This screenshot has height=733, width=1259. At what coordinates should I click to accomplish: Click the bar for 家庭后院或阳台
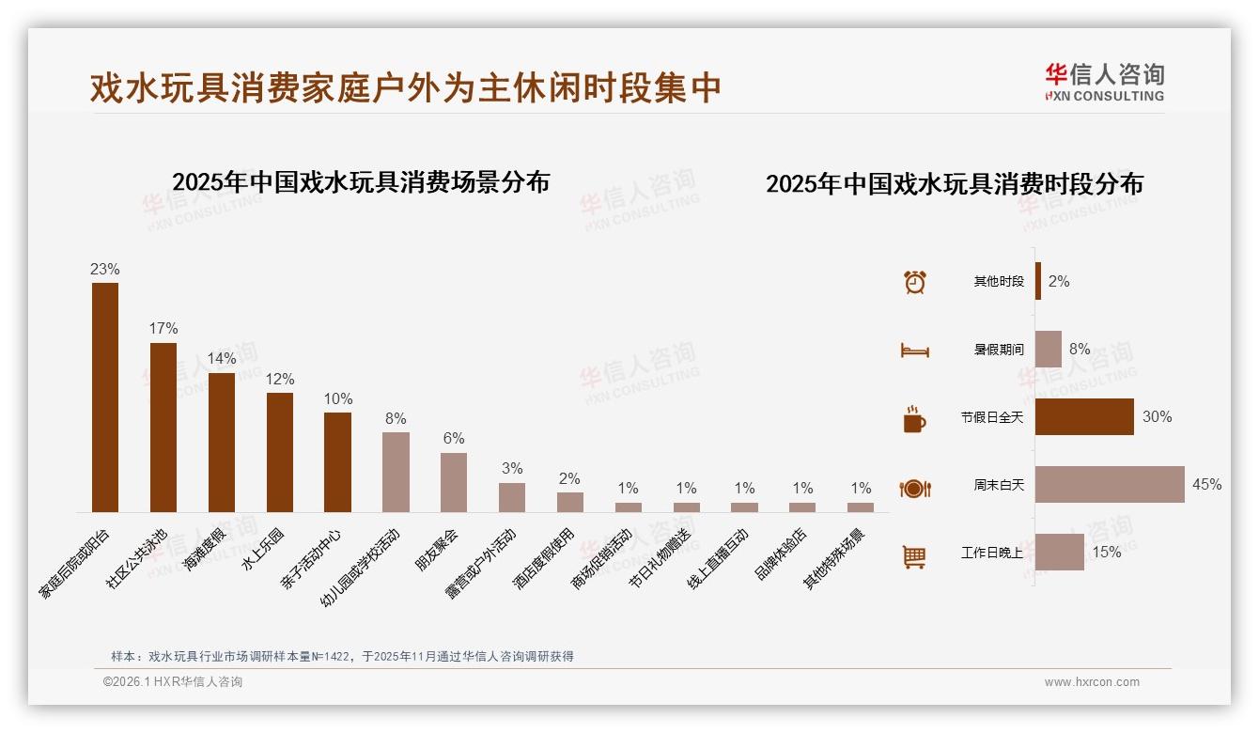(x=105, y=397)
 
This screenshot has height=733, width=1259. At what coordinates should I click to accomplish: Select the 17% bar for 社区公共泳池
(x=163, y=427)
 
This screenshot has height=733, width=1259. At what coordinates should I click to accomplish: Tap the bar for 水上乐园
(x=280, y=452)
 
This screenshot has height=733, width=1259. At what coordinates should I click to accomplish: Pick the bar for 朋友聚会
(x=454, y=482)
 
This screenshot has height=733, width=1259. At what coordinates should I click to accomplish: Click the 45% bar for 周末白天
(x=1110, y=484)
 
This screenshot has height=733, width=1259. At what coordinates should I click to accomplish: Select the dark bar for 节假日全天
(x=1084, y=416)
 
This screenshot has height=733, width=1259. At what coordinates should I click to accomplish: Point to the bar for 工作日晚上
(x=1060, y=552)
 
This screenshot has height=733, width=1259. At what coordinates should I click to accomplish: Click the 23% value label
(x=105, y=269)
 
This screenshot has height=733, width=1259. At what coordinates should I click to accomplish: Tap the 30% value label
(x=1157, y=416)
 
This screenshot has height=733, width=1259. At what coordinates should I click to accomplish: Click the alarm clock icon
(x=915, y=281)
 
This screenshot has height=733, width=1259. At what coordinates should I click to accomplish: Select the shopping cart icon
(x=914, y=556)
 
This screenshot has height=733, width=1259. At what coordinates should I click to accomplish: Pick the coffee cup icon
(x=914, y=419)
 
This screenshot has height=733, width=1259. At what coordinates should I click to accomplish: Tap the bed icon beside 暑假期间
(x=914, y=351)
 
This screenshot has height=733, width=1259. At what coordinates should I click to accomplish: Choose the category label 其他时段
(x=999, y=281)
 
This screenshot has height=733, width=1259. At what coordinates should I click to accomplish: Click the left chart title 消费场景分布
(x=361, y=181)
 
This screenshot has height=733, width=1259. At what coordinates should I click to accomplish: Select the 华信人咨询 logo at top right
(x=1104, y=82)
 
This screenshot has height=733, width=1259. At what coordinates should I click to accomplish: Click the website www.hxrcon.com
(x=1092, y=682)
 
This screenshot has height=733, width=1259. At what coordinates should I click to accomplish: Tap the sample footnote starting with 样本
(x=342, y=657)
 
